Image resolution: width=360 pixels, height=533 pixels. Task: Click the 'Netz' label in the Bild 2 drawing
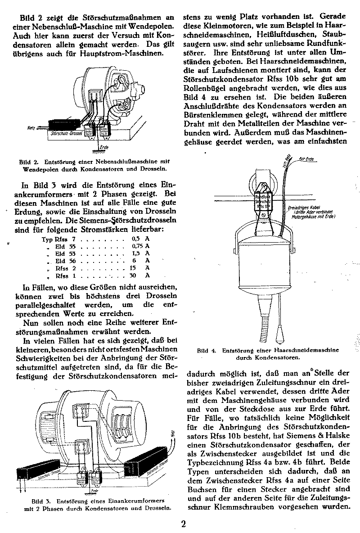[x=31, y=128]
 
